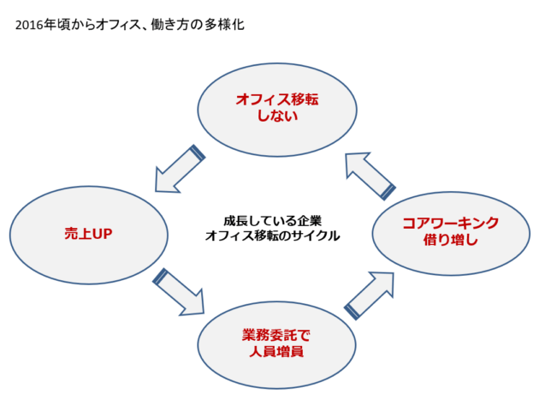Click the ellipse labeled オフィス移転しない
coord(277,110)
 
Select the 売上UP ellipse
coord(89,235)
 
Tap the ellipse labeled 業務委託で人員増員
coord(276,345)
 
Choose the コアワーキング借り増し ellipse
coord(451,234)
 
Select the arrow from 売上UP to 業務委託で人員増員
coord(179,292)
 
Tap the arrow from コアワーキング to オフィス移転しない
coord(370,176)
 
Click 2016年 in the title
coord(35,26)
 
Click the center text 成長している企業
coord(273,221)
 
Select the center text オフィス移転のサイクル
coord(273,236)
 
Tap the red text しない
coord(277,116)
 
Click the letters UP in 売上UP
coord(103,234)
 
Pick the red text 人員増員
coord(276,351)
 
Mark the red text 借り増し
coord(451,240)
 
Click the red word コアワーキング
coord(451,223)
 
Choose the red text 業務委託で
coord(276,335)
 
